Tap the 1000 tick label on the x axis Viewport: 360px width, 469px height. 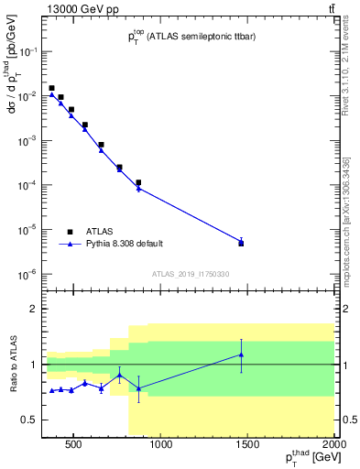pos(161,446)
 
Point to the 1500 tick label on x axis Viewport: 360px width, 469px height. pos(249,446)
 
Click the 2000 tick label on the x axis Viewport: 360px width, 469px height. pos(336,446)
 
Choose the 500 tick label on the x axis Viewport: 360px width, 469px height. pos(74,446)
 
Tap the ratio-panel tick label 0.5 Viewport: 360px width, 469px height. pos(28,420)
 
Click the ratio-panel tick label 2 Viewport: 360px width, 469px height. pos(32,309)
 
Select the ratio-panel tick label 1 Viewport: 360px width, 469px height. pos(32,365)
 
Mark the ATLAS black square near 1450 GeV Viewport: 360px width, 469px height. pos(241,244)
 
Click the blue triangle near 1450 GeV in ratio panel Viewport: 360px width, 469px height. pos(241,354)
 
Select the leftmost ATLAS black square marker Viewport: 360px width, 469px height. pos(51,88)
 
